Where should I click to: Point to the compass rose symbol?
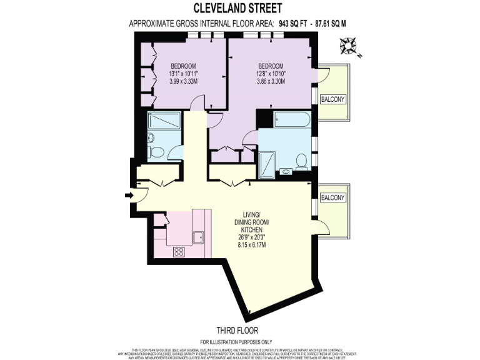(347, 46)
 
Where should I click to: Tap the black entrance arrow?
(129, 196)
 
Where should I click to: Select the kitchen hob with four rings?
(179, 252)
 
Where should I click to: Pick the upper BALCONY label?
(332, 99)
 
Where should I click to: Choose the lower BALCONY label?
(332, 197)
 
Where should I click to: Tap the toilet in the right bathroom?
(301, 162)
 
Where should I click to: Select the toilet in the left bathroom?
(158, 151)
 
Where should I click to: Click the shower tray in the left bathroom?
(164, 121)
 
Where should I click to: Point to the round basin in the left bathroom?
(152, 137)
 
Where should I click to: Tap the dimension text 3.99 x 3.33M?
(184, 81)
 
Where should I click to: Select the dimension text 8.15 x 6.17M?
(251, 246)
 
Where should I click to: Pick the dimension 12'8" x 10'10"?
(271, 74)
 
